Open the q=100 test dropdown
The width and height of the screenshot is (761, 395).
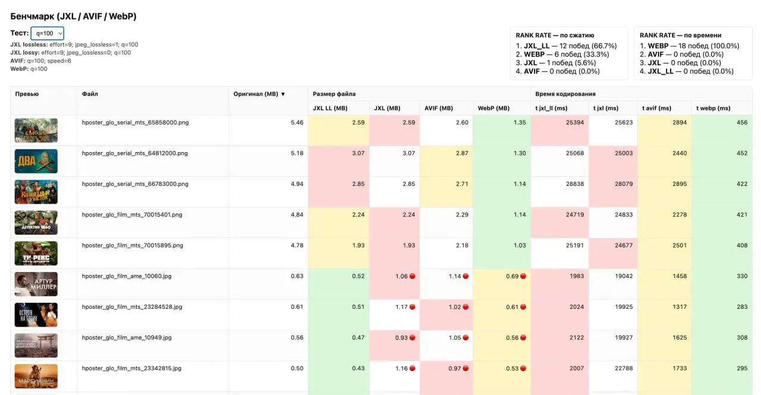(x=47, y=33)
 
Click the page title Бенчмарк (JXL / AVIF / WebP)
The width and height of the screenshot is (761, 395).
(x=73, y=16)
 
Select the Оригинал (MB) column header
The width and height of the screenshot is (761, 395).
(x=259, y=94)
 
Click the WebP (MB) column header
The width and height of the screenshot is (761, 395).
(x=493, y=108)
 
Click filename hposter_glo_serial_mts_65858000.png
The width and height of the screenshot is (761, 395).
(x=135, y=122)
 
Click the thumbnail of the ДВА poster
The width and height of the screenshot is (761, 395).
(x=36, y=161)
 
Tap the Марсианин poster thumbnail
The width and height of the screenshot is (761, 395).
(x=36, y=376)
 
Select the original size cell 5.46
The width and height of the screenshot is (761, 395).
(x=297, y=122)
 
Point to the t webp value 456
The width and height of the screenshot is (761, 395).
(x=741, y=122)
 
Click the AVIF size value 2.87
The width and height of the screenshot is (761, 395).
(x=461, y=153)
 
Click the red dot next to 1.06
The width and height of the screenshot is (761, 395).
(x=412, y=276)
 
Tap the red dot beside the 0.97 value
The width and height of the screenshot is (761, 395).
(x=466, y=368)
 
